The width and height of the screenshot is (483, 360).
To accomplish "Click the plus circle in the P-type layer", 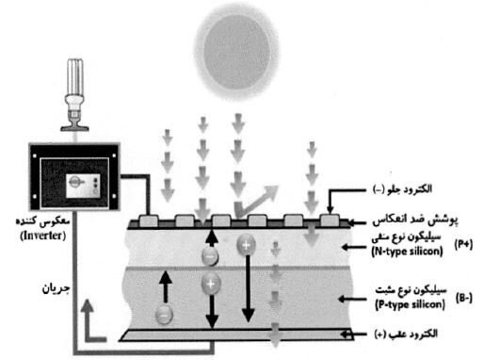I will pyautogui.click(x=212, y=281).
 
